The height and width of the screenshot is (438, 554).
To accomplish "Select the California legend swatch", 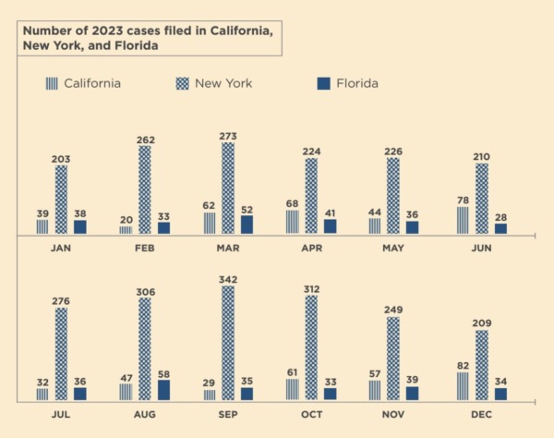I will click(51, 83).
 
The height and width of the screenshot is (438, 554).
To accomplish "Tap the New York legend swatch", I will click(183, 83).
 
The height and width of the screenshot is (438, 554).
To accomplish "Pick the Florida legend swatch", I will click(323, 83).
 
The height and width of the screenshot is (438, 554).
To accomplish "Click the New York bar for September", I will click(228, 343).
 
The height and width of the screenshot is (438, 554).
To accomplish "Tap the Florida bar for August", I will click(163, 390).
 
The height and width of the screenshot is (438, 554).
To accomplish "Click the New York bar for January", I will click(61, 199).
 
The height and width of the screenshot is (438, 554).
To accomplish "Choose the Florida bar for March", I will click(247, 225).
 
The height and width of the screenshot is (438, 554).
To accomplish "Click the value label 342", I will click(228, 277).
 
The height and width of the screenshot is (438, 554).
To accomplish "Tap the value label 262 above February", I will click(145, 140).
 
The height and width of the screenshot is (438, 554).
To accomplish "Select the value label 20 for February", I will click(126, 219).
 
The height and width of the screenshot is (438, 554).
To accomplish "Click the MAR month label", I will click(228, 249).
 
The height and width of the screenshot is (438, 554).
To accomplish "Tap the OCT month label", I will click(311, 416).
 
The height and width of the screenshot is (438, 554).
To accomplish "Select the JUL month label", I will click(61, 416).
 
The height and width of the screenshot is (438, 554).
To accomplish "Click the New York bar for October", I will click(311, 347).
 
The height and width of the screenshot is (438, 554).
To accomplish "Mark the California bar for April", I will click(293, 222).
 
